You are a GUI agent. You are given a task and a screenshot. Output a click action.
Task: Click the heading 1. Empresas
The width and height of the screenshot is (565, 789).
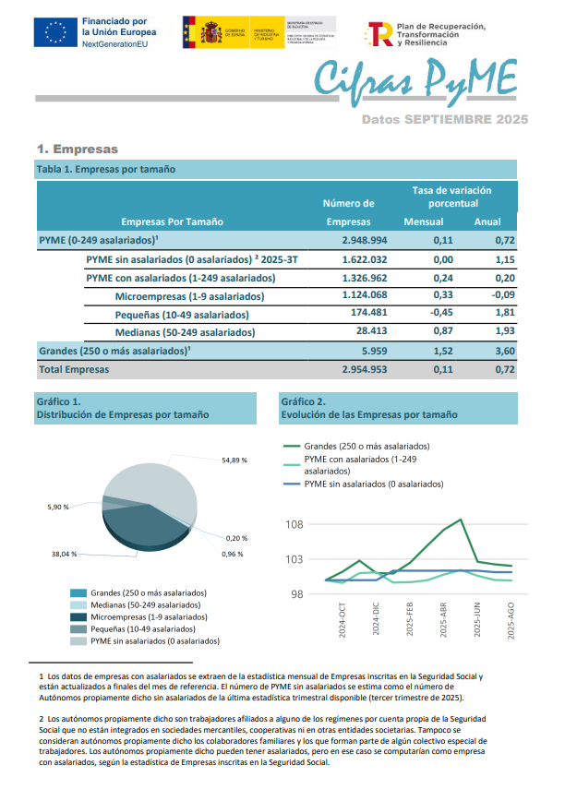point(78,149)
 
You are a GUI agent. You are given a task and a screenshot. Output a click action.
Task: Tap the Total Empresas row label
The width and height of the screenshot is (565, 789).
point(74,369)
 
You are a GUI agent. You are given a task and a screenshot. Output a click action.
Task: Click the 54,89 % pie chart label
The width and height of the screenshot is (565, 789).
point(234,460)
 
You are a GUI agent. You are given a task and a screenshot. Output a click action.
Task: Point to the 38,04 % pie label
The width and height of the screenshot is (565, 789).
point(64,555)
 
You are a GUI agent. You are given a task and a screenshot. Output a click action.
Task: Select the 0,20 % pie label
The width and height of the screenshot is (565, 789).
point(237,538)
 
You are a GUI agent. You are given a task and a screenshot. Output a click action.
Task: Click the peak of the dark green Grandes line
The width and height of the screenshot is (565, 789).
point(460,520)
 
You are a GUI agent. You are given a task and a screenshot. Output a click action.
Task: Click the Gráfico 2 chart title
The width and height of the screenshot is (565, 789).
point(368,409)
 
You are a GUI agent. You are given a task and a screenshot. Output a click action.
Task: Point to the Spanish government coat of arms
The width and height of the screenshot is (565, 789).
point(200,33)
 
